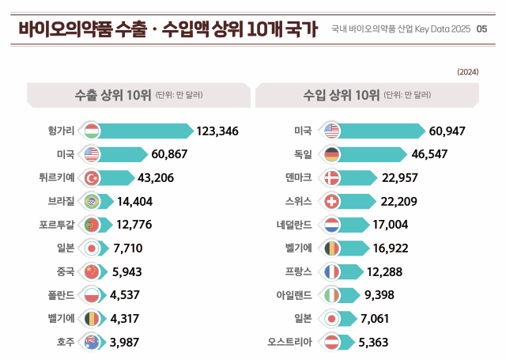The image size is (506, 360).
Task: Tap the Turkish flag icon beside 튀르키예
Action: click(91, 178)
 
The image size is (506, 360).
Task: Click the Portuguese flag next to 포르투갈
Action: click(91, 225)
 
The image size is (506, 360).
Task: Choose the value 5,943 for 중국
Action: click(127, 271)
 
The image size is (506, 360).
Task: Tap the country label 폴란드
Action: click(61, 295)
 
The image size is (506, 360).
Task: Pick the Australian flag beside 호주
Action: click(91, 342)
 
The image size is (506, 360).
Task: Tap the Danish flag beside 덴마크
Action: click(332, 178)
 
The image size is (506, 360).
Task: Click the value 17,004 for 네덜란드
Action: click(391, 225)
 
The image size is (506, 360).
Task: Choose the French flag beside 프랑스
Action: click(332, 271)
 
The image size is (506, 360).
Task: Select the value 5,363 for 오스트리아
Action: click(373, 342)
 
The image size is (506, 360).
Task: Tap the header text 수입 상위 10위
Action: click(342, 95)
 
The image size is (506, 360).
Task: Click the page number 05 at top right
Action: click(482, 28)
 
